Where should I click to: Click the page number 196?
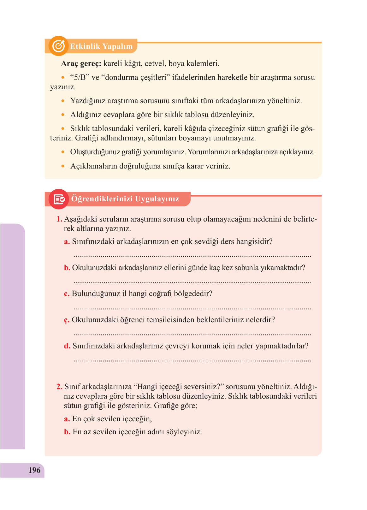34,470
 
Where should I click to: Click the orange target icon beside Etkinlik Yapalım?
58,46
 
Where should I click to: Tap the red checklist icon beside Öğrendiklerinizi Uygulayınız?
59,199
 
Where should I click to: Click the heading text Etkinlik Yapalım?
101,46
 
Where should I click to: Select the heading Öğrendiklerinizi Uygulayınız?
125,199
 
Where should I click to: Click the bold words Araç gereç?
81,63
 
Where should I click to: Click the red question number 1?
59,219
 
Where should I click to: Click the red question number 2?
59,387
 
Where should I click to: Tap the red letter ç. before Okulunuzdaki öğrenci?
67,320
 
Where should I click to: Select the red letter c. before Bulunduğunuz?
67,294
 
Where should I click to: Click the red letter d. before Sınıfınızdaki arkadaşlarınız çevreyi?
67,346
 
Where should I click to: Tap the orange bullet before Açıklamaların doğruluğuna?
63,166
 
